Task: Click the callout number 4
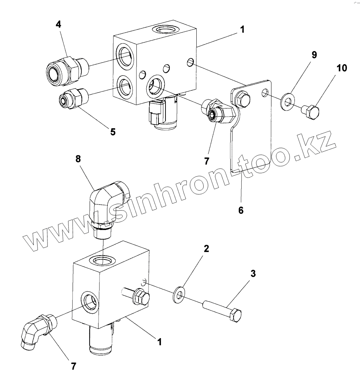pyautogui.click(x=58, y=24)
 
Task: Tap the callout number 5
pyautogui.click(x=113, y=132)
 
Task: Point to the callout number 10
pyautogui.click(x=342, y=68)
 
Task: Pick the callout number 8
pyautogui.click(x=78, y=159)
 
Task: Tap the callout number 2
pyautogui.click(x=206, y=248)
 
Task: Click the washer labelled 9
pyautogui.click(x=288, y=100)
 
